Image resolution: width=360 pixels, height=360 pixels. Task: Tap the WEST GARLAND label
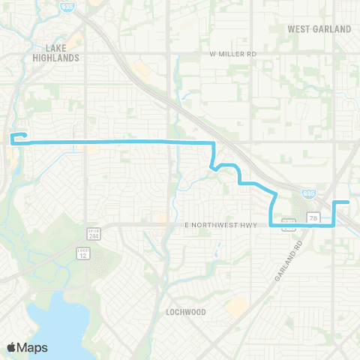[x=319, y=29]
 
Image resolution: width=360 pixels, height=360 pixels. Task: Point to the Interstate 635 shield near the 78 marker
[x=307, y=193]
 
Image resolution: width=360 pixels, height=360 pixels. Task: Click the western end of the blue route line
[x=11, y=138]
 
